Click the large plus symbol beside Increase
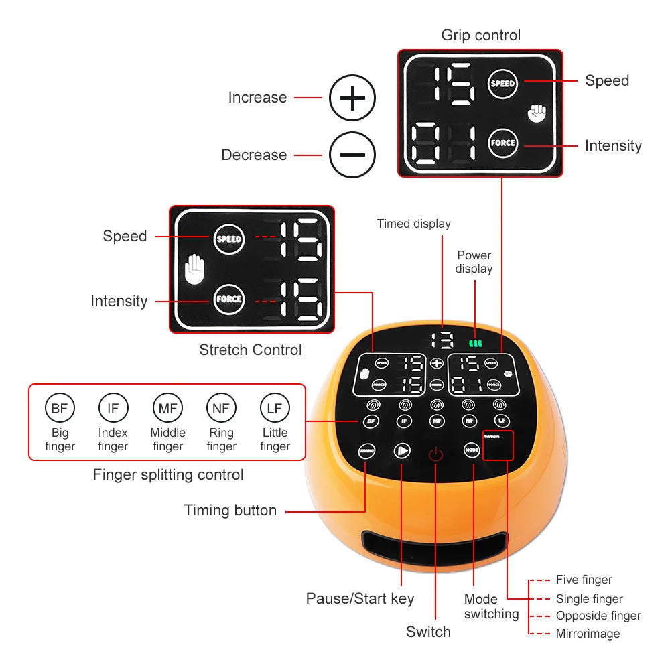(352, 98)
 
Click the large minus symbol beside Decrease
(352, 155)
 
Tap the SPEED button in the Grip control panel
(503, 84)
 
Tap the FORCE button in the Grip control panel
(503, 143)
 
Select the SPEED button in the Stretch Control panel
(228, 239)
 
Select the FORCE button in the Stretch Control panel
(228, 299)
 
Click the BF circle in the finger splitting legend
(59, 407)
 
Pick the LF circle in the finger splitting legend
(275, 407)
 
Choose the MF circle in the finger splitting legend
(167, 407)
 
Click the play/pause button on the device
(401, 450)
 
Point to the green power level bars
(476, 343)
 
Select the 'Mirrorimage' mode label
(588, 634)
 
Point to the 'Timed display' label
(413, 224)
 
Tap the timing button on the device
(366, 450)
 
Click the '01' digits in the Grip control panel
(444, 143)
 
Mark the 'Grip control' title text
(480, 35)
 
